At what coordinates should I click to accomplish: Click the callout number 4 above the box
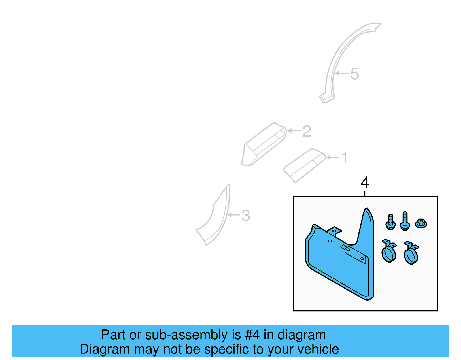pyautogui.click(x=365, y=182)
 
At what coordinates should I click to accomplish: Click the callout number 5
pyautogui.click(x=354, y=74)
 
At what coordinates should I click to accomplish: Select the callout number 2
pyautogui.click(x=307, y=131)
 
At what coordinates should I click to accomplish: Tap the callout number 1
pyautogui.click(x=345, y=158)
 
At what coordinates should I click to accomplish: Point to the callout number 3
pyautogui.click(x=245, y=216)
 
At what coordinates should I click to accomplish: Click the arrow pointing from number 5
pyautogui.click(x=342, y=73)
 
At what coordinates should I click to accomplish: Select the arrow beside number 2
pyautogui.click(x=294, y=131)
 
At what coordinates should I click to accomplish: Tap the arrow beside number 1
pyautogui.click(x=333, y=157)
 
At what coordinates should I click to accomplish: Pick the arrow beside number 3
pyautogui.click(x=234, y=215)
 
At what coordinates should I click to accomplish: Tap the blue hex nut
pyautogui.click(x=421, y=223)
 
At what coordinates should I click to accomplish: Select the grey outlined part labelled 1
pyautogui.click(x=304, y=166)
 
